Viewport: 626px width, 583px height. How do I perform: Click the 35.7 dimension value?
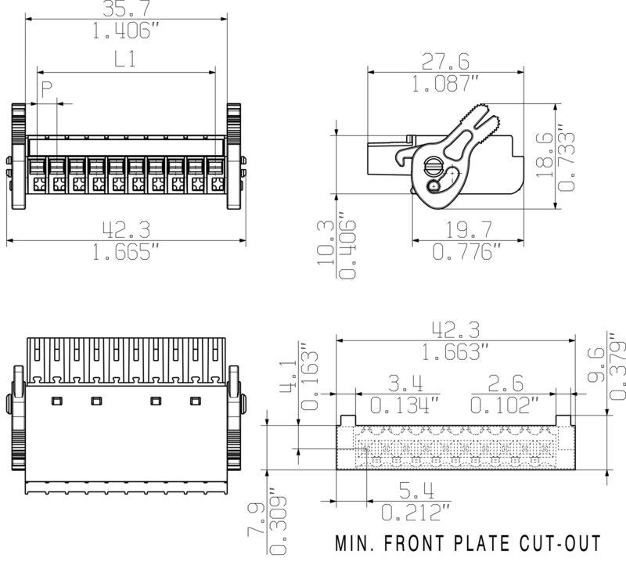[126, 8]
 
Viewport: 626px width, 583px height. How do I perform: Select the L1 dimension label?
[125, 59]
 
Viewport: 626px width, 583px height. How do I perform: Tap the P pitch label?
[47, 89]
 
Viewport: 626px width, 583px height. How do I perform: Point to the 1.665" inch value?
[126, 252]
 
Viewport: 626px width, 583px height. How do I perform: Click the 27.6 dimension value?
[445, 62]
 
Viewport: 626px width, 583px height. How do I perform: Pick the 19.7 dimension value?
[468, 229]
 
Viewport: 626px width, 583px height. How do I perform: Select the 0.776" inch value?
[466, 252]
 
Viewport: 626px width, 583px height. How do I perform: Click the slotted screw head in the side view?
[432, 164]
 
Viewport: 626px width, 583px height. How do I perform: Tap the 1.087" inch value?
[445, 84]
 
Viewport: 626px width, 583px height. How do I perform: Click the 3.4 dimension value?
[405, 383]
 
